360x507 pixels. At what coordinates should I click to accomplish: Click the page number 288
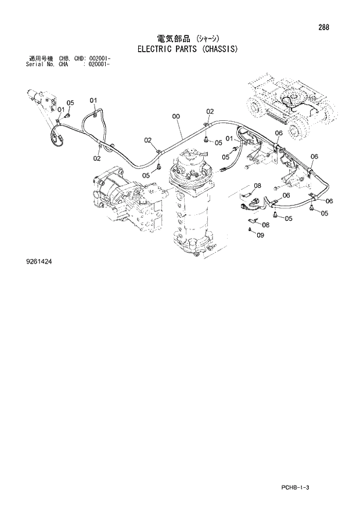pyautogui.click(x=333, y=26)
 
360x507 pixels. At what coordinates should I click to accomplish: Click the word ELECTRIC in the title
pyautogui.click(x=158, y=49)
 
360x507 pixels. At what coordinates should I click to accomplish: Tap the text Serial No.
pyautogui.click(x=41, y=64)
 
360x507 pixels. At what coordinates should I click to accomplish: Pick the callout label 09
pyautogui.click(x=260, y=235)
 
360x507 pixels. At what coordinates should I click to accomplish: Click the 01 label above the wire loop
pyautogui.click(x=93, y=101)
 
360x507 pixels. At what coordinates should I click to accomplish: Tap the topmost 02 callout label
pyautogui.click(x=210, y=112)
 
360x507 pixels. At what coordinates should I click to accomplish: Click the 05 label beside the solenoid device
pyautogui.click(x=70, y=103)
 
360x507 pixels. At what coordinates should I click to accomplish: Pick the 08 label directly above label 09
pyautogui.click(x=265, y=224)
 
